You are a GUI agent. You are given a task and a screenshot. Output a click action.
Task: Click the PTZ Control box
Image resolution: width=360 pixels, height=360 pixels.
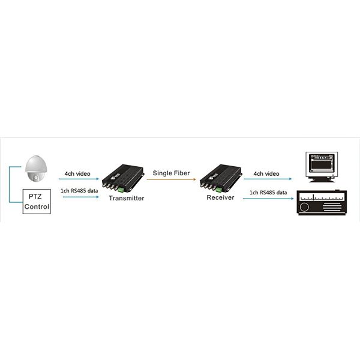click(x=37, y=201)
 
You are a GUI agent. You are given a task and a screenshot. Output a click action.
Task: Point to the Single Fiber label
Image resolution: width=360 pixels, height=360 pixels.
click(x=171, y=173)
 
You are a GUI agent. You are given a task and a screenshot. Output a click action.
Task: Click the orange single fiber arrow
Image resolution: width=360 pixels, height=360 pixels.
click(x=171, y=179)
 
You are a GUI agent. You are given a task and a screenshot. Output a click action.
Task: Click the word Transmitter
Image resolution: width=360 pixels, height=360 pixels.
click(x=127, y=198)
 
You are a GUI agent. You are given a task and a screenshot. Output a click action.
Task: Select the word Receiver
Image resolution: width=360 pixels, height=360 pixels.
click(x=220, y=198)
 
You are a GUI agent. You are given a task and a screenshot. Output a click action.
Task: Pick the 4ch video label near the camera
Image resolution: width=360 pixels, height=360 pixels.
click(x=78, y=174)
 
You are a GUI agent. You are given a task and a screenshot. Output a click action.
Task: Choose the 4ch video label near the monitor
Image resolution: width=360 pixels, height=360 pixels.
click(x=266, y=173)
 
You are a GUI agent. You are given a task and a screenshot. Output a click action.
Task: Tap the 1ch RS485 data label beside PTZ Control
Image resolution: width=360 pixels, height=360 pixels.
click(x=80, y=191)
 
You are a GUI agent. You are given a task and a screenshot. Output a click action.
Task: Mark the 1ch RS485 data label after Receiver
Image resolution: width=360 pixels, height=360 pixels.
click(x=268, y=192)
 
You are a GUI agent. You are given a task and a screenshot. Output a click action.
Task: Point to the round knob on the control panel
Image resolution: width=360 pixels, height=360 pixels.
click(x=304, y=207)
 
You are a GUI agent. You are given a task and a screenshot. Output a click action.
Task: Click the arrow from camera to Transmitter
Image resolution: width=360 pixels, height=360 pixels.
click(x=78, y=179)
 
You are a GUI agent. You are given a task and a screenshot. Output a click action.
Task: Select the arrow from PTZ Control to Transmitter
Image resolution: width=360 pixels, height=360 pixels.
click(x=78, y=197)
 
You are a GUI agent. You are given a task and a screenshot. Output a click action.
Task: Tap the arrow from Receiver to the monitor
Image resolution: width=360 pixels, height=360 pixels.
click(x=267, y=179)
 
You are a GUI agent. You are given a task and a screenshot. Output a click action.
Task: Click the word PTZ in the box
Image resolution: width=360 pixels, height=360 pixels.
click(x=37, y=197)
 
